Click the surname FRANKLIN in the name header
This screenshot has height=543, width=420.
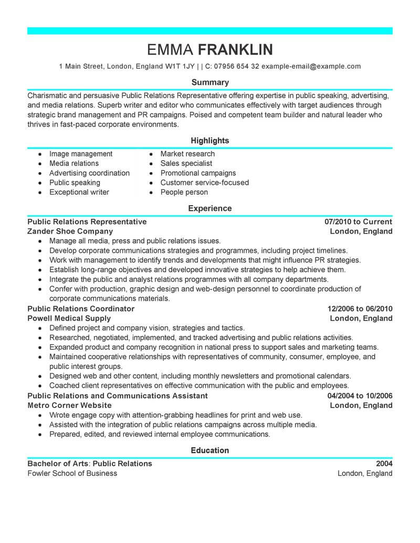point(235,49)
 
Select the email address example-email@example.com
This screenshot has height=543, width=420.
point(311,67)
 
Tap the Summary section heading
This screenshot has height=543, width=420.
point(210,82)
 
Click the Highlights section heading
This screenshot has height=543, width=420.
point(210,141)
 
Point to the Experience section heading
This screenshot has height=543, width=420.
point(210,208)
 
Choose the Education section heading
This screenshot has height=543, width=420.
point(210,450)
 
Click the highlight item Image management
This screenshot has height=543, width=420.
point(81,154)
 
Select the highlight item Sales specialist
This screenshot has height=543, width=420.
point(186,163)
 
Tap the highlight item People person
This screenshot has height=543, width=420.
point(184,192)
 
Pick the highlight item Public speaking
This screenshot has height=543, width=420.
point(75,183)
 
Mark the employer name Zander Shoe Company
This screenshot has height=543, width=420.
point(70,231)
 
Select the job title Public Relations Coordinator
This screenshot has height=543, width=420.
point(81,308)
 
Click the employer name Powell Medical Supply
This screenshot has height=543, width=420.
point(69,318)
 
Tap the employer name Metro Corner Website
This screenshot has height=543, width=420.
point(69,405)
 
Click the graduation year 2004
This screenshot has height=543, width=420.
point(384,463)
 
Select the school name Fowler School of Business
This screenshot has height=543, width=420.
point(72,473)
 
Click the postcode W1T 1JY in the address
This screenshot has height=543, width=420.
point(179,67)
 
